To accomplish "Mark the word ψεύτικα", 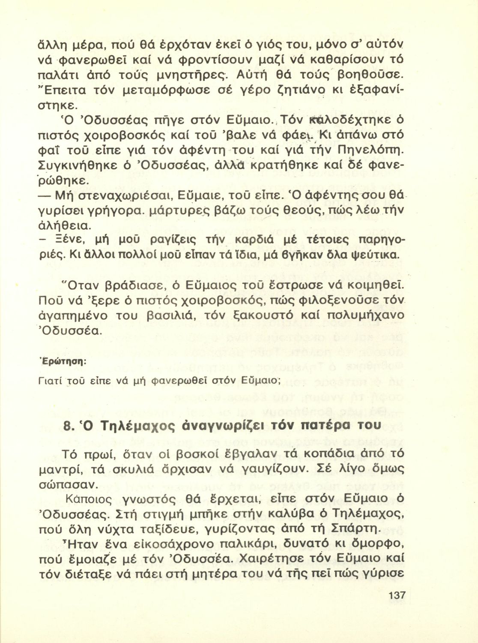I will pyautogui.click(x=377, y=255).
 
